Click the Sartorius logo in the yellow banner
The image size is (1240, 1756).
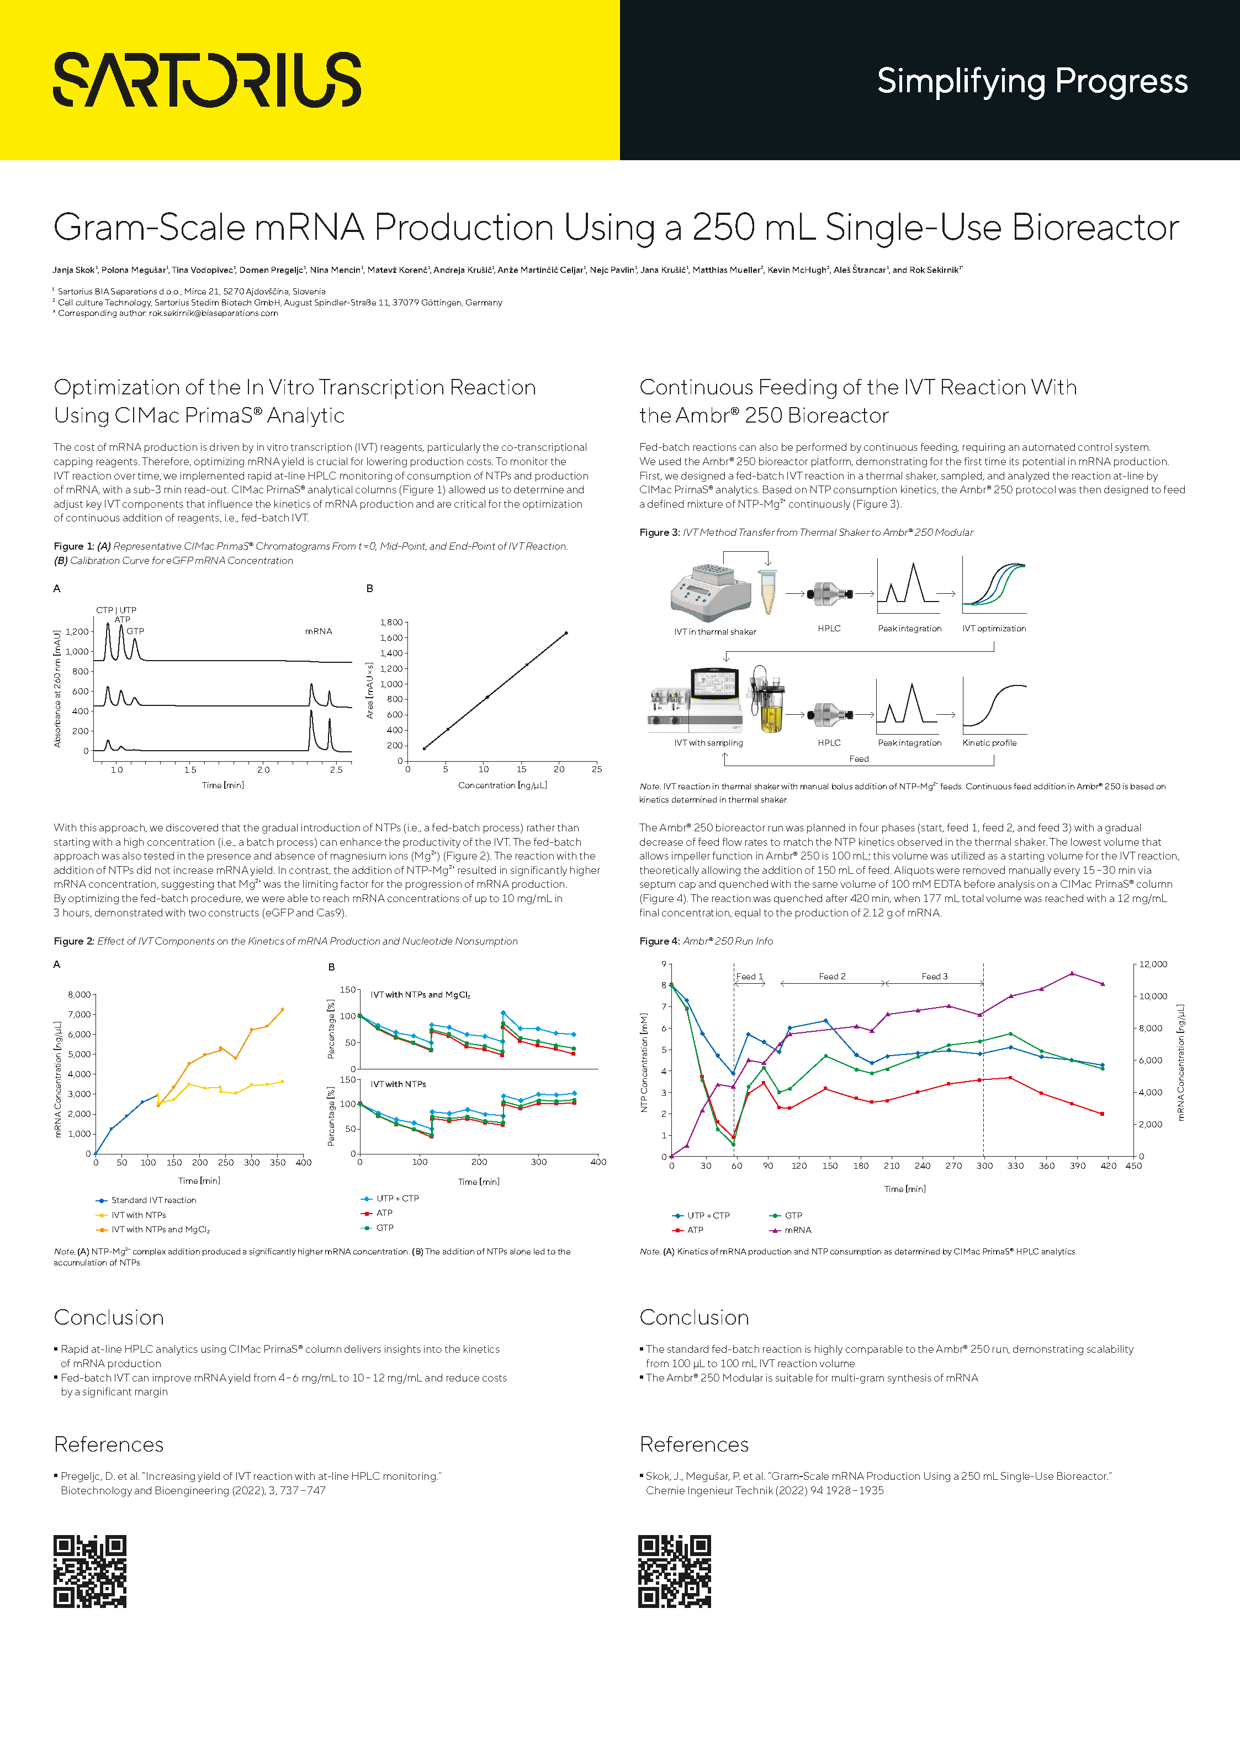(206, 80)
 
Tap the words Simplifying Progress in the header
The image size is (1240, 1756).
(1031, 81)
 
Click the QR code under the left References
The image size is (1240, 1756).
(90, 1571)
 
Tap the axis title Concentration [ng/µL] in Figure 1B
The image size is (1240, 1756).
(502, 785)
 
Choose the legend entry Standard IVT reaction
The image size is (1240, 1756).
(153, 1200)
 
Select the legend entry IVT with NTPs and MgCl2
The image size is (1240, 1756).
(160, 1230)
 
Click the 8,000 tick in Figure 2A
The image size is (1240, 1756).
(80, 995)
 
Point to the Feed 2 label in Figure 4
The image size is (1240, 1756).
(832, 977)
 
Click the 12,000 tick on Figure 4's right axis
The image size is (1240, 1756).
(1153, 964)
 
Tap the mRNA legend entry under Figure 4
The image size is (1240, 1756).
(797, 1230)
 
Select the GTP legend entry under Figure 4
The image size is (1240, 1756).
(793, 1215)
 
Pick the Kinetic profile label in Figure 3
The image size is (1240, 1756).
(989, 742)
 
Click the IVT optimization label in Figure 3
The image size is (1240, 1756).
(994, 629)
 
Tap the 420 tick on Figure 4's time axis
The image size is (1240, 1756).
(1107, 1166)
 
